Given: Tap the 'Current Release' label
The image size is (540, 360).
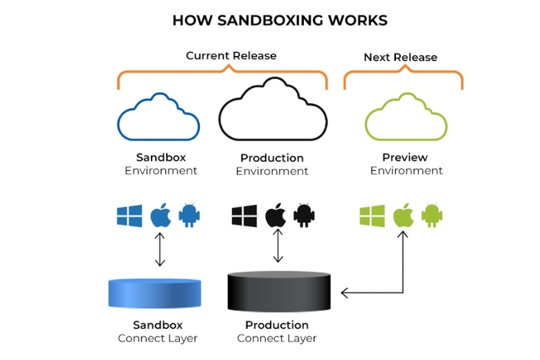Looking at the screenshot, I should pyautogui.click(x=231, y=55).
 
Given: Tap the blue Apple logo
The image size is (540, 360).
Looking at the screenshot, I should pyautogui.click(x=160, y=216).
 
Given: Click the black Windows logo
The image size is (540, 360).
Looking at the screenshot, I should pyautogui.click(x=244, y=216).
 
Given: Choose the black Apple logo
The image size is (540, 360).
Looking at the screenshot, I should pyautogui.click(x=275, y=216).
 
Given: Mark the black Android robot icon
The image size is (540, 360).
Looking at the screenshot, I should pyautogui.click(x=304, y=216).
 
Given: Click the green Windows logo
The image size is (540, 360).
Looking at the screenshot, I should pyautogui.click(x=372, y=216).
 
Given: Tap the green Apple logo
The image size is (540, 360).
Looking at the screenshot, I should pyautogui.click(x=403, y=216).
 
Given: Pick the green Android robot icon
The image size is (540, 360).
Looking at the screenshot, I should pyautogui.click(x=432, y=216).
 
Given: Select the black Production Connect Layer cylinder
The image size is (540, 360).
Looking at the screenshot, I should pyautogui.click(x=280, y=291).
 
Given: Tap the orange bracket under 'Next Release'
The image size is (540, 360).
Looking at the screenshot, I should pyautogui.click(x=403, y=75).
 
